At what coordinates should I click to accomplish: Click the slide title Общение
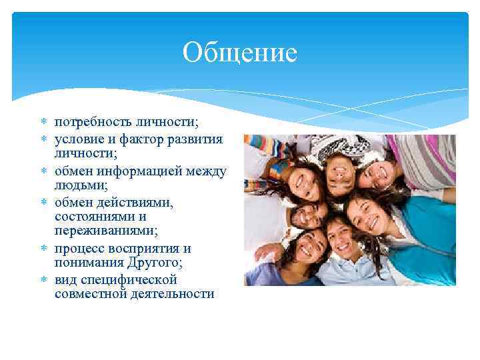[239, 53]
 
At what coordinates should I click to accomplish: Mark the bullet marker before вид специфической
[44, 279]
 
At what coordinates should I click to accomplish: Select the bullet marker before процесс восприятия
[44, 248]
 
